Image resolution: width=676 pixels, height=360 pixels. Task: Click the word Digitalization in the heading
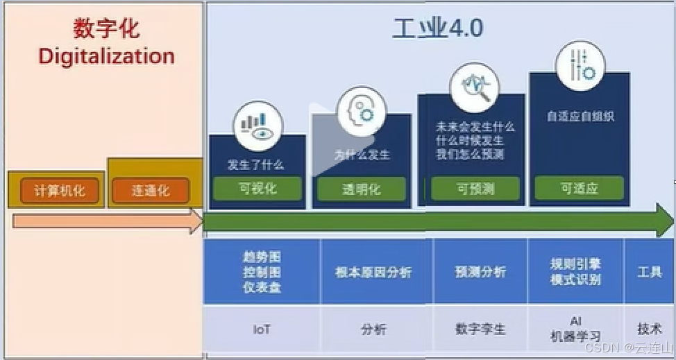(x=106, y=55)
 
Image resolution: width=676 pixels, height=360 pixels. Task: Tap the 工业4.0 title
(x=438, y=28)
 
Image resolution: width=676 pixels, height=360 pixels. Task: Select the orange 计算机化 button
(x=60, y=190)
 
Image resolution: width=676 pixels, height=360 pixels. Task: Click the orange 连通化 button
(x=151, y=190)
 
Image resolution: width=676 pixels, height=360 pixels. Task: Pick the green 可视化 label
(x=257, y=188)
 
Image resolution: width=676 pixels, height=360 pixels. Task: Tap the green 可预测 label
(x=475, y=188)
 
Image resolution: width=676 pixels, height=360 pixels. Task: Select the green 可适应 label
(x=579, y=188)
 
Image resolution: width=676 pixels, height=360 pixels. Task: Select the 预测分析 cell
(x=480, y=272)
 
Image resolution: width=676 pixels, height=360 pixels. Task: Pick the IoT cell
(x=262, y=329)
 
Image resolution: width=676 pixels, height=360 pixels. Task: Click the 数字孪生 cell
(x=480, y=329)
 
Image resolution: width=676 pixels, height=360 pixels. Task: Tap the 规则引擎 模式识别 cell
(x=575, y=272)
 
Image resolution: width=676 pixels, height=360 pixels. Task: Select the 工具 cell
(x=650, y=272)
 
